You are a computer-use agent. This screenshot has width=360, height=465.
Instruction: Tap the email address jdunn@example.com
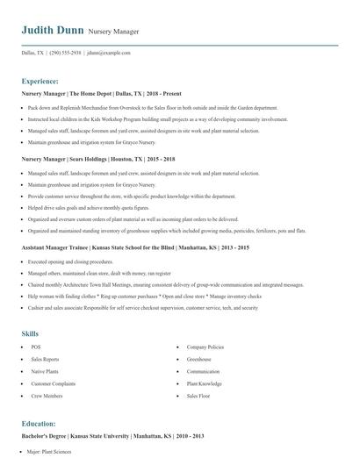tap(103, 54)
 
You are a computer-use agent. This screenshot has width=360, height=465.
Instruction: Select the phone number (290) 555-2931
tap(66, 54)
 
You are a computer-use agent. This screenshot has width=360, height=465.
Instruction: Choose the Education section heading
tap(39, 423)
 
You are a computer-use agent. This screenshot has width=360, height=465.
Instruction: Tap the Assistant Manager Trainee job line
tap(135, 248)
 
